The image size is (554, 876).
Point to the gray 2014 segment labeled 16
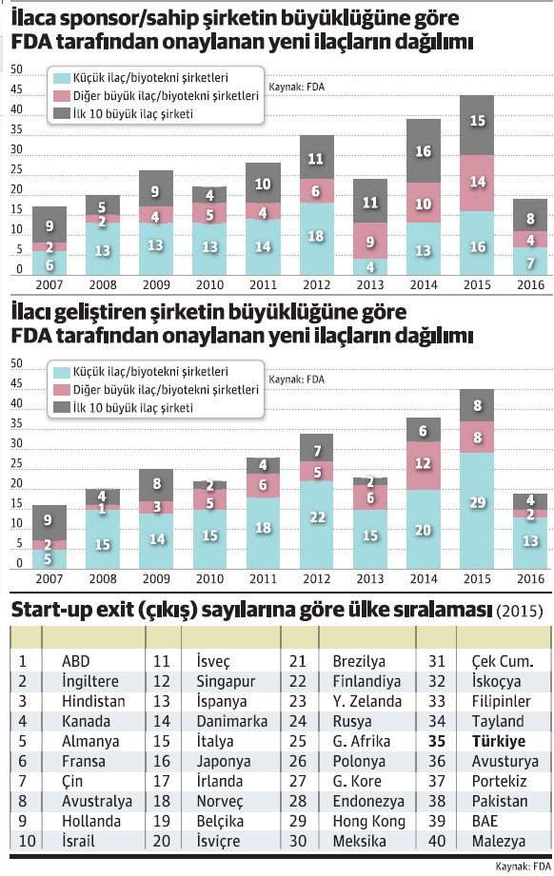[x=423, y=150]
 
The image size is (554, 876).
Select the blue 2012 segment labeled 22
[x=315, y=529]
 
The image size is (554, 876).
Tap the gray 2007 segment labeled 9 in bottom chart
[x=49, y=521]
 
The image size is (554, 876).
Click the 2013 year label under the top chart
[x=369, y=284]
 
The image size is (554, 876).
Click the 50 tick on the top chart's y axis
[x=16, y=70]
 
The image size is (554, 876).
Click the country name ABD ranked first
[x=76, y=661]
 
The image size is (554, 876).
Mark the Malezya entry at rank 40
[x=500, y=840]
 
